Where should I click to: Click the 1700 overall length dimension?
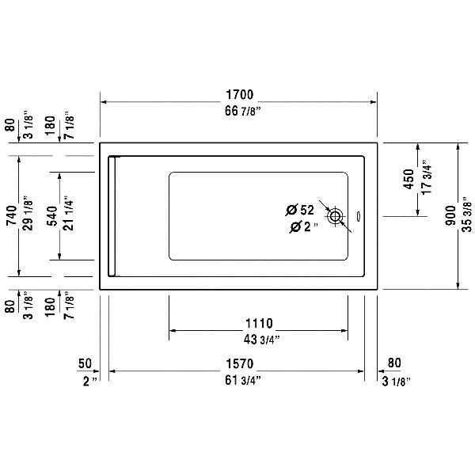click(x=239, y=94)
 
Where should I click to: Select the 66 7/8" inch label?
click(x=243, y=111)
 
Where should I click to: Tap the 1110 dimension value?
click(x=259, y=323)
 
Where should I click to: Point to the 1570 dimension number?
click(x=239, y=363)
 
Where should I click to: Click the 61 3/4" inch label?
click(x=243, y=380)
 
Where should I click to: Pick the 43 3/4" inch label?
click(x=261, y=340)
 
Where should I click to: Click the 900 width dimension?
click(x=450, y=215)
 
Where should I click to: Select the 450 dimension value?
click(x=408, y=180)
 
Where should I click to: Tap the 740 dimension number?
click(x=12, y=215)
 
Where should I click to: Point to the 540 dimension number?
click(x=52, y=215)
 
